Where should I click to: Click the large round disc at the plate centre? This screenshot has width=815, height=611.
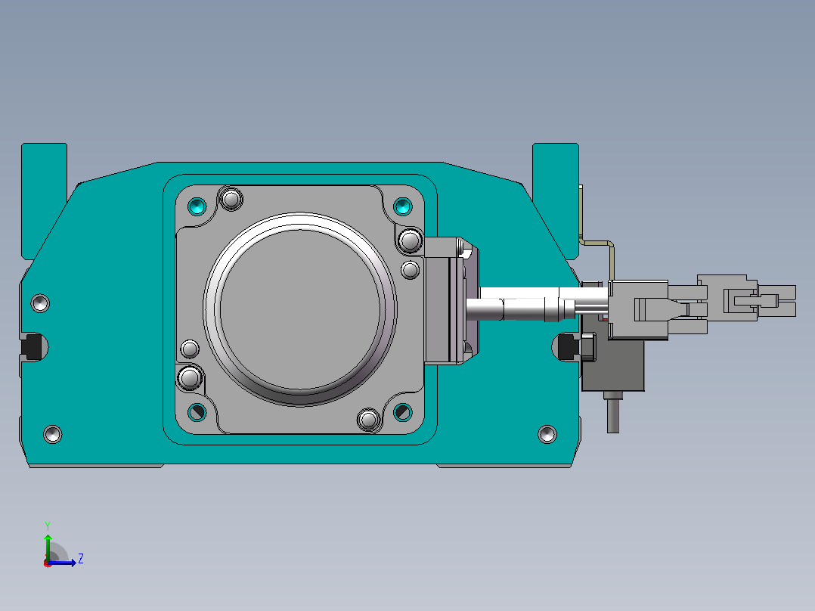(x=300, y=309)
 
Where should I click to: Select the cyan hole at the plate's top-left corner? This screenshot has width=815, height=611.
(x=197, y=206)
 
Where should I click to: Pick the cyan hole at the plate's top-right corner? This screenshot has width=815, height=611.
(x=403, y=206)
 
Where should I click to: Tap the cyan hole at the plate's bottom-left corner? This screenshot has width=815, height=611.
(x=197, y=412)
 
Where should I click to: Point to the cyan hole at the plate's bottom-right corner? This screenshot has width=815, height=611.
(x=403, y=412)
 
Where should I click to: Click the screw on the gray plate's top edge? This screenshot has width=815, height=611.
(x=231, y=199)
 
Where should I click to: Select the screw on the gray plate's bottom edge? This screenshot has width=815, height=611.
(x=369, y=419)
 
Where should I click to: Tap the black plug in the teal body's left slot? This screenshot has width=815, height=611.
(x=33, y=347)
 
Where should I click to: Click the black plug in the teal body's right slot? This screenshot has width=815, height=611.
(x=568, y=347)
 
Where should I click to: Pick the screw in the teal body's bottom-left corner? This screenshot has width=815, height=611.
(x=52, y=434)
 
